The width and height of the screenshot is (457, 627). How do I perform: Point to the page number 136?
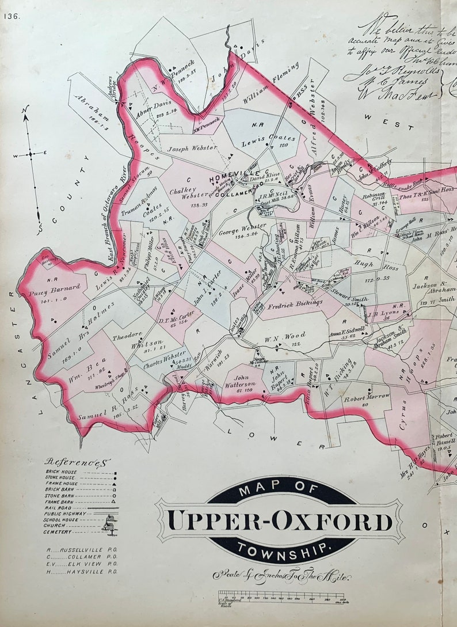(x=12, y=16)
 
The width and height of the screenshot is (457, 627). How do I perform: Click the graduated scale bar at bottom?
(x=281, y=595)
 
